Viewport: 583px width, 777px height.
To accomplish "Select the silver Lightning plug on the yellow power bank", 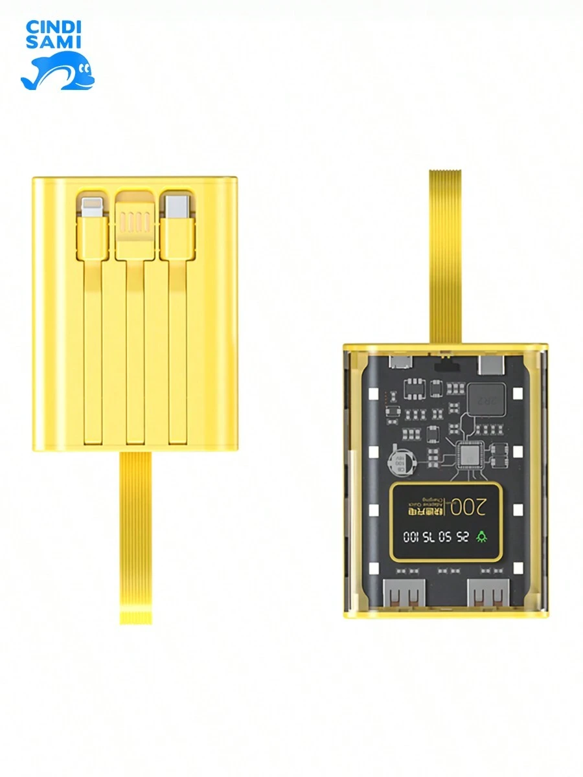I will pos(90,207).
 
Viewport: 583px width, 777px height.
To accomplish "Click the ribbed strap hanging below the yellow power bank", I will pos(135,537).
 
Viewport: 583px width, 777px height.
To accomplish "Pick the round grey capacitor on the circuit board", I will pos(397,463).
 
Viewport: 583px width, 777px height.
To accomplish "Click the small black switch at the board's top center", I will pos(445,356).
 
